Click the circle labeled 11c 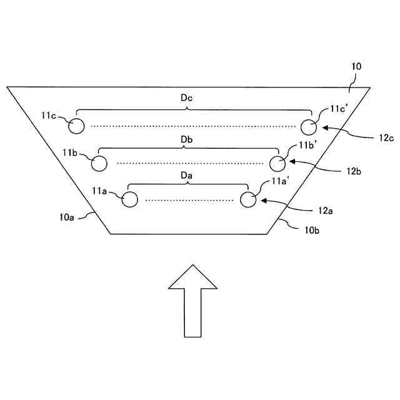[76, 126]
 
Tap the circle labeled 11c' [309, 127]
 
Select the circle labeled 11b [99, 163]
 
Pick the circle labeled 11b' [278, 163]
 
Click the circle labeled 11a [129, 199]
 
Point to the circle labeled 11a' [248, 199]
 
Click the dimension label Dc [186, 97]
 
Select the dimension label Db [186, 139]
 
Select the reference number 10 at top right [356, 66]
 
